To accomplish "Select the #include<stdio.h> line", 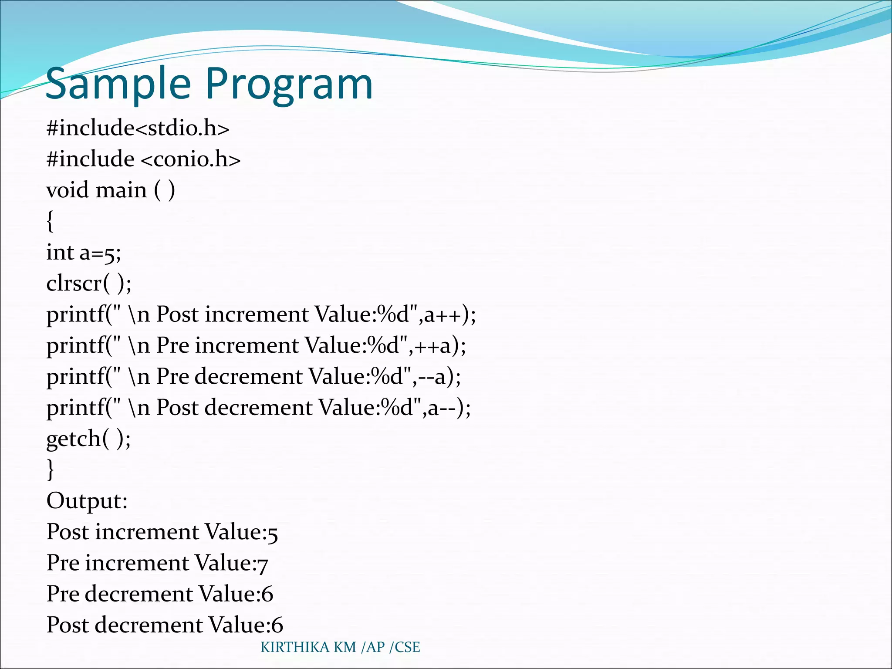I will pyautogui.click(x=138, y=128).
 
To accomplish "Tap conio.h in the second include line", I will pyautogui.click(x=191, y=159).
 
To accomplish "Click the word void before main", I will pyautogui.click(x=68, y=190).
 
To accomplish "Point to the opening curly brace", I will pyautogui.click(x=50, y=221).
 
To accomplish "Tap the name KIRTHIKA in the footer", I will pyautogui.click(x=295, y=647).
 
